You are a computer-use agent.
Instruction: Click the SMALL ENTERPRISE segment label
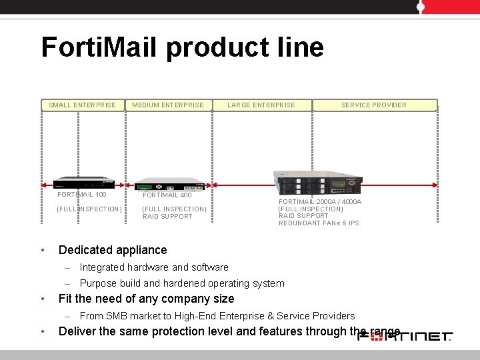pyautogui.click(x=82, y=105)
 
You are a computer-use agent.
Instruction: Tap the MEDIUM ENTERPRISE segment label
pyautogui.click(x=168, y=105)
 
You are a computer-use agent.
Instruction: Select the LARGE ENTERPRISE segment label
pyautogui.click(x=261, y=105)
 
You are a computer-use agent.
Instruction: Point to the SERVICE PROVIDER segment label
pyautogui.click(x=373, y=105)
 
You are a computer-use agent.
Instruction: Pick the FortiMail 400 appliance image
pyautogui.click(x=169, y=185)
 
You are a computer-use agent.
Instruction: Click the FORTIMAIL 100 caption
pyautogui.click(x=82, y=195)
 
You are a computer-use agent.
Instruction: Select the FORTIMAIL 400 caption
pyautogui.click(x=167, y=195)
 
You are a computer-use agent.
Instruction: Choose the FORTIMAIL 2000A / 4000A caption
pyautogui.click(x=320, y=201)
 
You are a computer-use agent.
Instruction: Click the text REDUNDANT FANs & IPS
pyautogui.click(x=319, y=223)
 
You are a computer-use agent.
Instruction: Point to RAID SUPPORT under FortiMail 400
pyautogui.click(x=167, y=216)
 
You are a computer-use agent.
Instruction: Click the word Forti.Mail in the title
pyautogui.click(x=99, y=48)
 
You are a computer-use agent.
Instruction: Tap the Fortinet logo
pyautogui.click(x=405, y=337)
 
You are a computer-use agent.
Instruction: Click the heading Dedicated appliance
pyautogui.click(x=113, y=250)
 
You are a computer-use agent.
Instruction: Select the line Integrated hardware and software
pyautogui.click(x=154, y=267)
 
